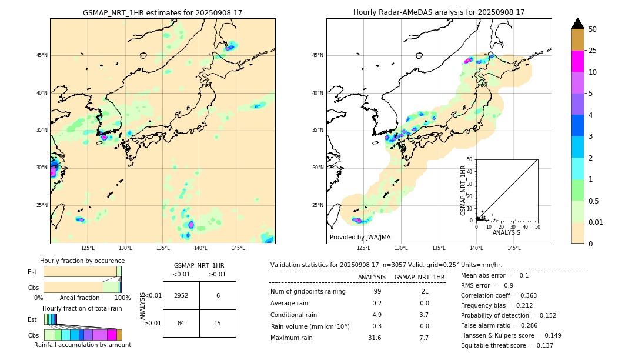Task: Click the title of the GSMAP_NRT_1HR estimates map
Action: [162, 12]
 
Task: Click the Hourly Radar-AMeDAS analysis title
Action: [439, 12]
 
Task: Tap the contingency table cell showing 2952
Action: [181, 295]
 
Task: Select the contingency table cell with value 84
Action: [181, 323]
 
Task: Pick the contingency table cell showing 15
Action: [218, 323]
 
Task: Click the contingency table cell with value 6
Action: [218, 295]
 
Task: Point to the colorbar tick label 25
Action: [593, 51]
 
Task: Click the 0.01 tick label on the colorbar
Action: [596, 222]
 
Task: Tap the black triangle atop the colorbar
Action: [577, 24]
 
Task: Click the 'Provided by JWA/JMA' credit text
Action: [360, 238]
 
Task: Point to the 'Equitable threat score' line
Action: [507, 345]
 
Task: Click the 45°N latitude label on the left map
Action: [42, 55]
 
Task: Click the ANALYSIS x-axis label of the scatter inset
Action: [506, 232]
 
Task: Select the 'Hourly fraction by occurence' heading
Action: [82, 261]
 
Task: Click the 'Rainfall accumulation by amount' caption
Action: [82, 345]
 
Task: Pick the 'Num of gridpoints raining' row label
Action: [308, 291]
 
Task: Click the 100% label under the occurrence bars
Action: [122, 298]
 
